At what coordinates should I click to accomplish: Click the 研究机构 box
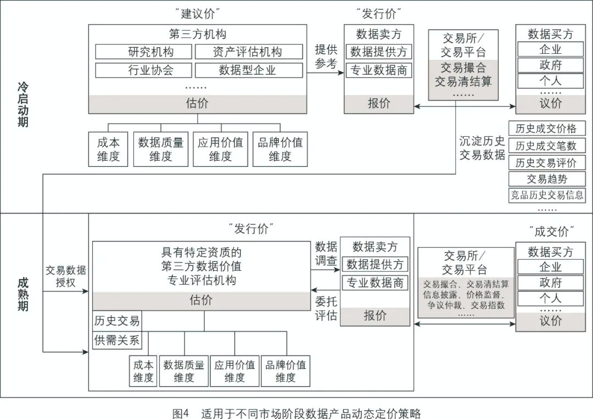click(x=143, y=52)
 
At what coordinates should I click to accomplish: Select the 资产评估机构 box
click(x=249, y=52)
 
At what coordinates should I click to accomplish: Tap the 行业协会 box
click(x=143, y=70)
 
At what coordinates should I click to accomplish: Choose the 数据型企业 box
click(x=249, y=70)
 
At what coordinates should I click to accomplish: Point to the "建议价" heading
click(x=198, y=14)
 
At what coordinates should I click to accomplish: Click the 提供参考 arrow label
click(x=326, y=57)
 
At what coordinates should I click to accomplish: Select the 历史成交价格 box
click(x=547, y=129)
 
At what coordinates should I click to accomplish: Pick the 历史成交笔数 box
click(x=547, y=146)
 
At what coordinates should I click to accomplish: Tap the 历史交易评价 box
click(x=547, y=163)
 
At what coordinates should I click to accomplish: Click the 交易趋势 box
click(x=547, y=179)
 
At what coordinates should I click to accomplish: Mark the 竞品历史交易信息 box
click(x=547, y=195)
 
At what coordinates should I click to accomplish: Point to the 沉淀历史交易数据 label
click(x=482, y=148)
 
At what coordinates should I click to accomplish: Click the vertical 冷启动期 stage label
click(x=23, y=105)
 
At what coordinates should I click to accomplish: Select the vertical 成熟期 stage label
click(x=23, y=294)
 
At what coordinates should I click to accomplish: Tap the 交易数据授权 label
click(x=66, y=276)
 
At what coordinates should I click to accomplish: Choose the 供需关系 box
click(x=117, y=340)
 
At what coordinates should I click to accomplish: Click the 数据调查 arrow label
click(x=326, y=254)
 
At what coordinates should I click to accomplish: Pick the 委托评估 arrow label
click(x=326, y=308)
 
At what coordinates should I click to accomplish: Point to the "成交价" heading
click(x=551, y=231)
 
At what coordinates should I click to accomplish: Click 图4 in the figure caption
click(x=181, y=413)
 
